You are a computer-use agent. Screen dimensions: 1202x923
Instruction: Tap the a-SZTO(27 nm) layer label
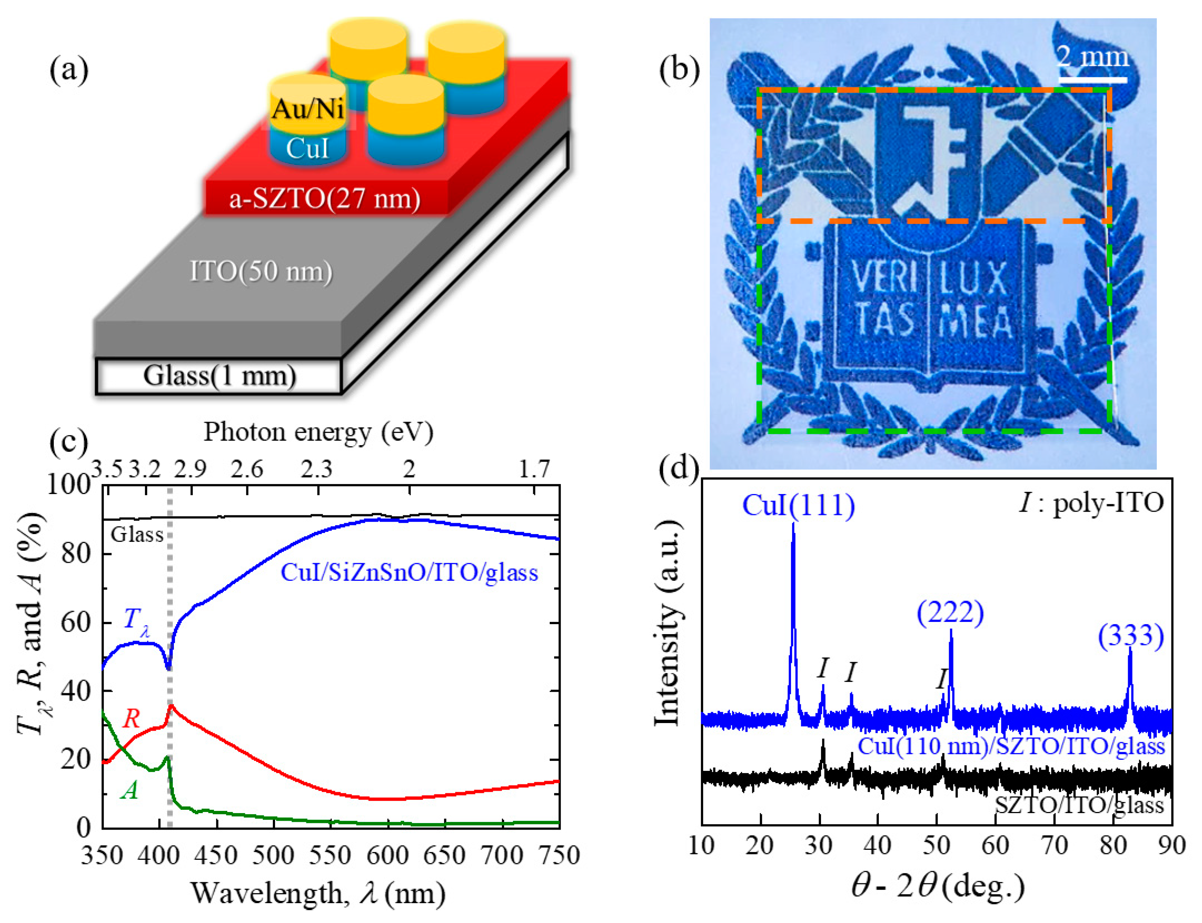324,198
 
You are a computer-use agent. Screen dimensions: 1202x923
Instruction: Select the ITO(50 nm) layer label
261,271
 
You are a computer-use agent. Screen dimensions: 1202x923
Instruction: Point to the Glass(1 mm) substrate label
220,376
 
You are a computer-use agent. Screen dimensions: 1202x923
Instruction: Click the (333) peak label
1131,636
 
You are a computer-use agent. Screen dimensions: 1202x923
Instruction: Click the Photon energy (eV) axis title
319,432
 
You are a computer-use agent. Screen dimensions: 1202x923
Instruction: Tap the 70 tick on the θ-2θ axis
1054,845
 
